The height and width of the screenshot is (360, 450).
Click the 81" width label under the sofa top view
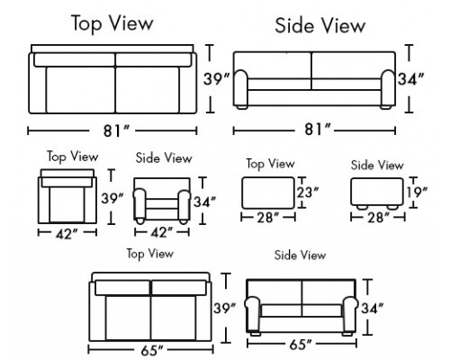(x=116, y=130)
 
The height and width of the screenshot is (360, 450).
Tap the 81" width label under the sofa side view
(x=318, y=130)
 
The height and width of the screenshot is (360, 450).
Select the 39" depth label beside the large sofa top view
(x=217, y=79)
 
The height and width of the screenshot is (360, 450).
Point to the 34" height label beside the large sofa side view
(x=410, y=79)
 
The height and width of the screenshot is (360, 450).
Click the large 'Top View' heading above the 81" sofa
(x=112, y=23)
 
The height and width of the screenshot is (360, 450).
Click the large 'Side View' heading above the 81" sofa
(x=319, y=25)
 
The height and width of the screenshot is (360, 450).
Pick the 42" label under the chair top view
(x=67, y=234)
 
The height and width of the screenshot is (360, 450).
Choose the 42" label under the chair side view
(x=162, y=232)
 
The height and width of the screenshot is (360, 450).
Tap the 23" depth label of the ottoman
(x=308, y=192)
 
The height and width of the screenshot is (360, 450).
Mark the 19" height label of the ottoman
(x=418, y=192)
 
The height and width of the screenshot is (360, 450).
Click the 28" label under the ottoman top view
(x=268, y=218)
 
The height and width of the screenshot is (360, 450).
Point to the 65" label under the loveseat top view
(x=152, y=350)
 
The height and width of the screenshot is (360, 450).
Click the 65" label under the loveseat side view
(x=301, y=345)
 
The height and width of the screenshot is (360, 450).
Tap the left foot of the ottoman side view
(x=362, y=207)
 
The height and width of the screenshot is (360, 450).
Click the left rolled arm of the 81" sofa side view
(x=240, y=88)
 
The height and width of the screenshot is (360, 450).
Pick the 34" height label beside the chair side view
(x=204, y=202)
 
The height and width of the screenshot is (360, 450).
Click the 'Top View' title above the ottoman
(x=270, y=164)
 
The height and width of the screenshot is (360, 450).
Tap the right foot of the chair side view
(x=184, y=221)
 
